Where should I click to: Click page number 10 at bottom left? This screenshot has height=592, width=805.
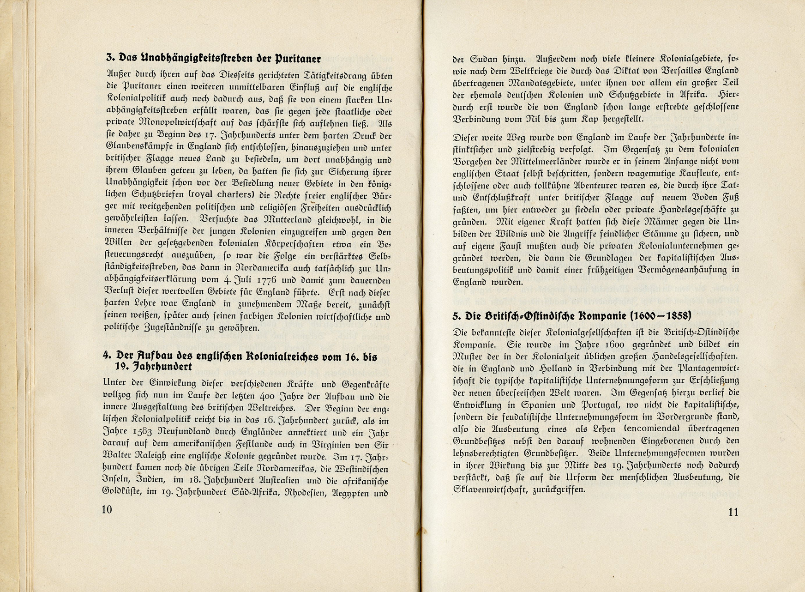click(x=107, y=509)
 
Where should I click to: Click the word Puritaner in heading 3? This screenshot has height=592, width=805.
click(x=298, y=58)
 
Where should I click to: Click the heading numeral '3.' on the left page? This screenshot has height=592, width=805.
click(x=110, y=58)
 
